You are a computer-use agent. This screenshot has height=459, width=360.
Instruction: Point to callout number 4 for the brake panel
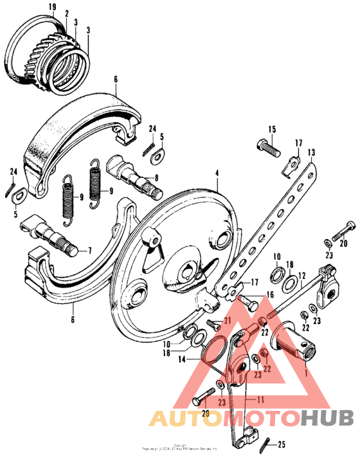click(217, 174)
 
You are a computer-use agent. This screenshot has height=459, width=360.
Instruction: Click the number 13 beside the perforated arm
click(312, 152)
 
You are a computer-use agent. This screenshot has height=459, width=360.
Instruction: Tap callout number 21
click(226, 321)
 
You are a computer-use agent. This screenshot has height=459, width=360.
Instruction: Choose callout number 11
click(261, 400)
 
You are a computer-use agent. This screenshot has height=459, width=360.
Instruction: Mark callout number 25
click(282, 445)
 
